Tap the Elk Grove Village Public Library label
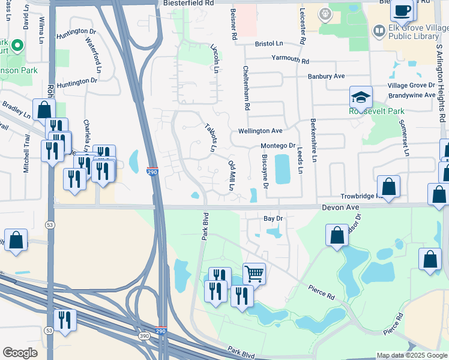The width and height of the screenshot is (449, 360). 414,32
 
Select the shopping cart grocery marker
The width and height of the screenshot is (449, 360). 254,274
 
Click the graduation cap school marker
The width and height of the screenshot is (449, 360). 361,97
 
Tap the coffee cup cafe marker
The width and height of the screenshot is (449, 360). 402,10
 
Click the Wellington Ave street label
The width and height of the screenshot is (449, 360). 260,131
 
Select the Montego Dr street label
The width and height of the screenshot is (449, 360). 277,146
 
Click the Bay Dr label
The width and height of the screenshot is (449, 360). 273,218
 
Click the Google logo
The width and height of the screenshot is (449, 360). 20,353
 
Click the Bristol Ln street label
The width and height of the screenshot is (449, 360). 268,44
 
